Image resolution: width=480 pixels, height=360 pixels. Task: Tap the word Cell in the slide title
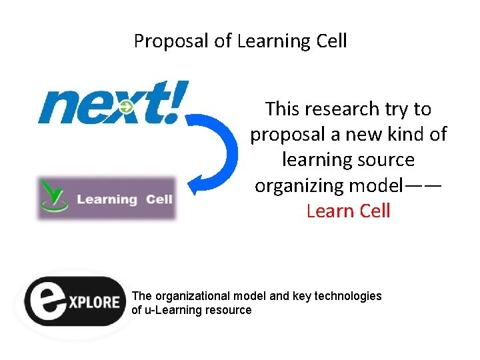(331, 41)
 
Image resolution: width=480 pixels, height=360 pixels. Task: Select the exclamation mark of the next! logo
(176, 101)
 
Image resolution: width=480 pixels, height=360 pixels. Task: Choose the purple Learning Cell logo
(106, 199)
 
